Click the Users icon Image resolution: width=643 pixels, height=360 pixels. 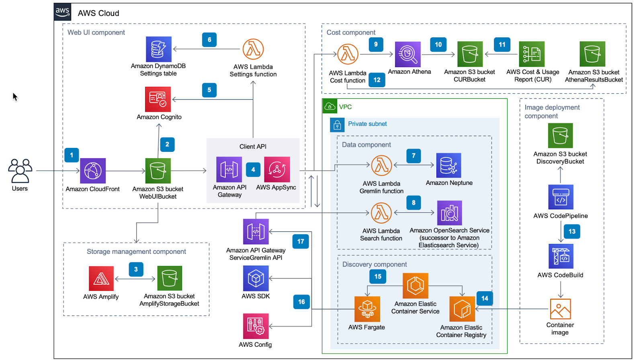pos(20,171)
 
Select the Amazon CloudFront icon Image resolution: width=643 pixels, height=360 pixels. pos(93,171)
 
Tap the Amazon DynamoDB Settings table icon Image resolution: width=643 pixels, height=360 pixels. pos(158,49)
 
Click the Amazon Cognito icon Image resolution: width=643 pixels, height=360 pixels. pos(158,99)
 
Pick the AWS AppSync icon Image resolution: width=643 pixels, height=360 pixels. pos(276,170)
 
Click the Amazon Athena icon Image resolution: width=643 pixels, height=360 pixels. pos(408,54)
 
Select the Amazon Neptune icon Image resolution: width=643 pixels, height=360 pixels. pos(448,166)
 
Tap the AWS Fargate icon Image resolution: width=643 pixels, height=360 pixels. pos(367,309)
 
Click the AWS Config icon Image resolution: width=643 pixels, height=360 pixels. pos(256,326)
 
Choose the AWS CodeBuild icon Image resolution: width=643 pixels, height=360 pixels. pos(561,256)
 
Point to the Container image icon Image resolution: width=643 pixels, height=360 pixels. pos(560,309)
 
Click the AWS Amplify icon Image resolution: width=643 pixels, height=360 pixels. pos(101,278)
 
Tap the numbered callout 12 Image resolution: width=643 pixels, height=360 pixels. pos(377,80)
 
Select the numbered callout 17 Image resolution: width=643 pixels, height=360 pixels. pos(301,241)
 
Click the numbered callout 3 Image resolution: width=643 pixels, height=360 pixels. pos(136,269)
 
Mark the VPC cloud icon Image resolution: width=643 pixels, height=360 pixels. pos(330,106)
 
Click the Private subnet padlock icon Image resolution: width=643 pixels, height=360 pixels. pos(337,125)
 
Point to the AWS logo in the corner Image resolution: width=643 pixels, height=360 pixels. pos(63,12)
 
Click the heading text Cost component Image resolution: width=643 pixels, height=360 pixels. pos(351,33)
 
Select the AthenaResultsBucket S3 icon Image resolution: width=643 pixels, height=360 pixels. pos(592,54)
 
